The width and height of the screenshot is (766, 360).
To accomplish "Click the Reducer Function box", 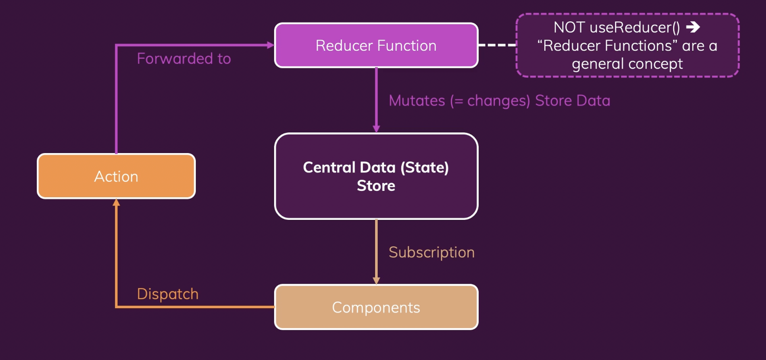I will (x=376, y=45).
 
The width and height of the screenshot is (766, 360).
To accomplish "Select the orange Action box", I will (x=116, y=176).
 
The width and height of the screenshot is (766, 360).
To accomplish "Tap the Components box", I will (x=376, y=307).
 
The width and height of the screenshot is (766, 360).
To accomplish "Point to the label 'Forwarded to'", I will (x=184, y=58).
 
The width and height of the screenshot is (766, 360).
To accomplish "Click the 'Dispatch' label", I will (x=168, y=294).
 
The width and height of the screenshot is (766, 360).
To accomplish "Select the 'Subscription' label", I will (x=431, y=252).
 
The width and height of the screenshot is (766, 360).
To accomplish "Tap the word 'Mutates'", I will (x=417, y=100).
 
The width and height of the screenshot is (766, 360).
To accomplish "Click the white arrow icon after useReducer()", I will (x=693, y=27).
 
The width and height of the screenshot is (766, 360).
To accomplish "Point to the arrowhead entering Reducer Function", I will (x=271, y=45).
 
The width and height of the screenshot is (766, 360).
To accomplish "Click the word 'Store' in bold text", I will (x=376, y=186).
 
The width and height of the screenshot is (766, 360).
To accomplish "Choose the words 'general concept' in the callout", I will (x=627, y=64).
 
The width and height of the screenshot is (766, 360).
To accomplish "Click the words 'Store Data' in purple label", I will (x=573, y=100).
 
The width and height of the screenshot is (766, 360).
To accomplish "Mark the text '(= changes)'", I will (x=490, y=100).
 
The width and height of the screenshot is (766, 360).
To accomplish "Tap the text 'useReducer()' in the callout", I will (x=635, y=27).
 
